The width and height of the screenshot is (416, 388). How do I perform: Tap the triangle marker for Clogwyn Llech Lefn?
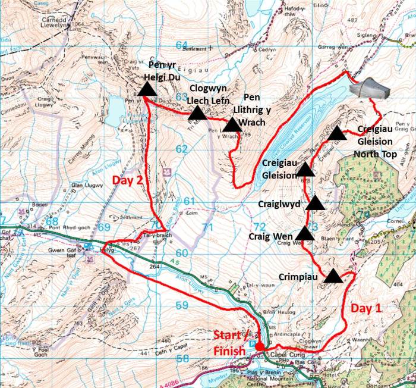coord(197,113)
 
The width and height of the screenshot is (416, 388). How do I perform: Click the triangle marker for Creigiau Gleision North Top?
coord(337,133)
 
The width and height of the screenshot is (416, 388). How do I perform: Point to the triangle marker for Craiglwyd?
coord(315,204)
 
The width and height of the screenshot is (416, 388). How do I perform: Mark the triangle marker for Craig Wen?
coord(305,233)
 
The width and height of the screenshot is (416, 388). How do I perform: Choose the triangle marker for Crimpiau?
coord(333,276)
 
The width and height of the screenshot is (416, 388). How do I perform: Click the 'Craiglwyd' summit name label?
coord(279,204)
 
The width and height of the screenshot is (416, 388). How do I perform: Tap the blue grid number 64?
coord(181,46)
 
